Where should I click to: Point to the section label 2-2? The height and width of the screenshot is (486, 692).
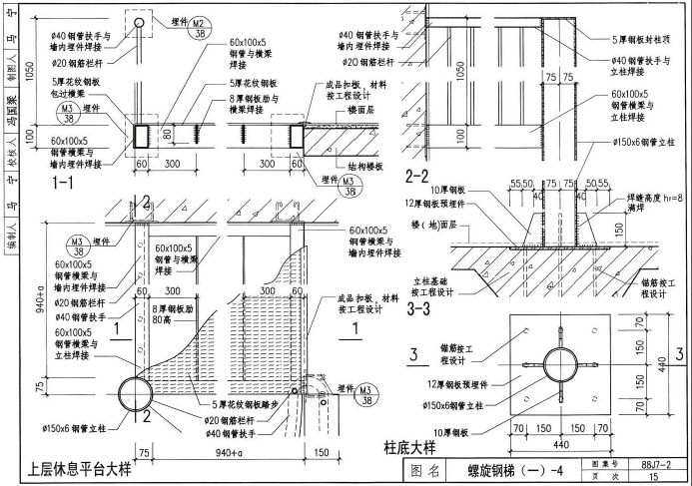[419, 176]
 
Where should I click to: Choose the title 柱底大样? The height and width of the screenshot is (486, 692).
[412, 445]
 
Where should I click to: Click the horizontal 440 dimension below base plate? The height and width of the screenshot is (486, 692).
[550, 444]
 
